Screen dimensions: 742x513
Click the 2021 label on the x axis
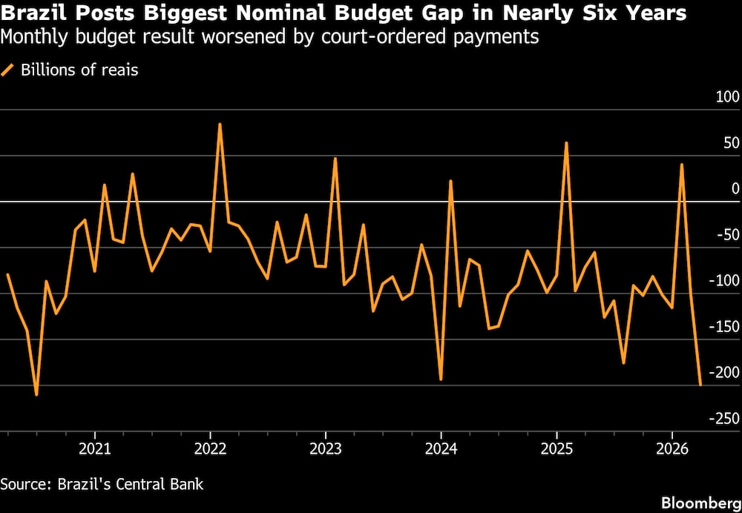95,449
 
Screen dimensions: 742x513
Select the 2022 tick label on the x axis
210,449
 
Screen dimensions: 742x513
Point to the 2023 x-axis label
326,449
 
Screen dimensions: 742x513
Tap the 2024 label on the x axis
441,449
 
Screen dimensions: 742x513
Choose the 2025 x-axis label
557,449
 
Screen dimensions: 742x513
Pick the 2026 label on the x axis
672,449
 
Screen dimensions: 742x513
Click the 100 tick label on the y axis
727,97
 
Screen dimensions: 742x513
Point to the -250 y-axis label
723,418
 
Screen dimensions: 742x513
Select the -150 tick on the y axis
723,327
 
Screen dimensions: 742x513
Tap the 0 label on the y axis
735,188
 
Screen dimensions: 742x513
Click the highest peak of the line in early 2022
220,124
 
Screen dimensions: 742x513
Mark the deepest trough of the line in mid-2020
36,395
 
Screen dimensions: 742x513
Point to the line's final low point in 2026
700,385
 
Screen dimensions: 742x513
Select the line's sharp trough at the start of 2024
441,380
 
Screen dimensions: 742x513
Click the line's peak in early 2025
566,142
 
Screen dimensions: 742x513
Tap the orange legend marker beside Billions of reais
7,70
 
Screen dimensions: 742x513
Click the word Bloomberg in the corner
701,502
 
